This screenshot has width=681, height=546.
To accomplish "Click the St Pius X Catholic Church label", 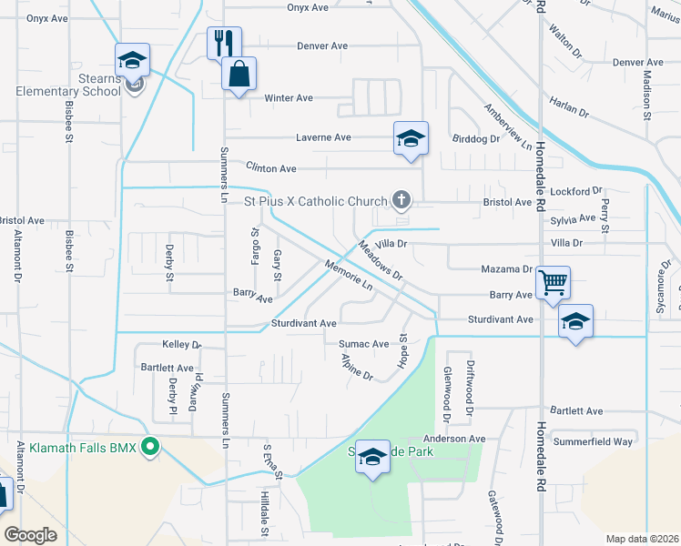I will (314, 201).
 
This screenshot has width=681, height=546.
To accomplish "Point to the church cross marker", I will (399, 199).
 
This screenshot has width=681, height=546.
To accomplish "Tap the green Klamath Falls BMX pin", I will (152, 447).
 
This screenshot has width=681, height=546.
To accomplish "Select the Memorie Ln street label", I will (349, 276).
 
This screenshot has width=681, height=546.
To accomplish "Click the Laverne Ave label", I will (323, 137).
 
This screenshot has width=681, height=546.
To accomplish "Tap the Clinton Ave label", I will (271, 168).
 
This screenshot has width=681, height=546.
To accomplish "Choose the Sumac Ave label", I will (363, 344).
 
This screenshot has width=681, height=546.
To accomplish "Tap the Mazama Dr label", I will (505, 269).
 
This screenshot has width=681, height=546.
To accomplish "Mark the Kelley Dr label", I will (181, 345).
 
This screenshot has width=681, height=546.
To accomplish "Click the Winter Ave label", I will (289, 98).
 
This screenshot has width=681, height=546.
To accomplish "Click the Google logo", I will (30, 535).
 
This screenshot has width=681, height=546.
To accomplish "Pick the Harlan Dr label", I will (569, 107).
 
